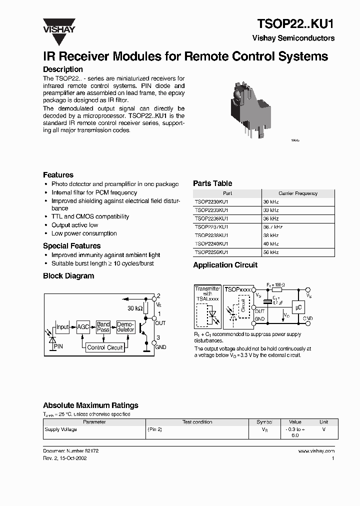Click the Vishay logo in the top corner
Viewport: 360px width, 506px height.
point(58,25)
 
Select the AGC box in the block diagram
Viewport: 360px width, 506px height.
point(82,327)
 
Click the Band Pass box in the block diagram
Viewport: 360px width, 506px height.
point(103,327)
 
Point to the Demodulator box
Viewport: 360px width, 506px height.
point(125,327)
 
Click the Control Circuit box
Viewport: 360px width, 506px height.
point(104,347)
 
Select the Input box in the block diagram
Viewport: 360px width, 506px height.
point(62,327)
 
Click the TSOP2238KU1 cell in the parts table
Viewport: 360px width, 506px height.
point(212,235)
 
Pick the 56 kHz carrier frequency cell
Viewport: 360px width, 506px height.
point(271,252)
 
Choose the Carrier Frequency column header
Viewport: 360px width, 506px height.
point(297,193)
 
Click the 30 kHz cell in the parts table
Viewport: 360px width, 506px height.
point(271,201)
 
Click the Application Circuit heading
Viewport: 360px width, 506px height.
point(225,265)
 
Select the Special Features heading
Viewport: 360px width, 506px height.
point(71,246)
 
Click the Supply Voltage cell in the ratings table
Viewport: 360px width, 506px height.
point(61,429)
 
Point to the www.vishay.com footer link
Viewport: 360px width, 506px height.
point(316,451)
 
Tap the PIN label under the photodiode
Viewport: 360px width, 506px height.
point(58,346)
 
